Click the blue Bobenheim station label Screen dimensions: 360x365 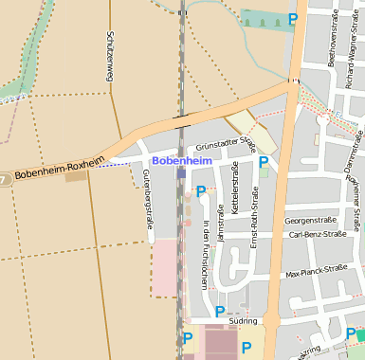click(x=181, y=162)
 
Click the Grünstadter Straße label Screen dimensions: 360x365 click(x=225, y=144)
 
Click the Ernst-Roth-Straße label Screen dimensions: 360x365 click(x=254, y=217)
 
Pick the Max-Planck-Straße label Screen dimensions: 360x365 click(x=317, y=272)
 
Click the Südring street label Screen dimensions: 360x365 click(x=244, y=321)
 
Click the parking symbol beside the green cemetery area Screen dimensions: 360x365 click(x=294, y=18)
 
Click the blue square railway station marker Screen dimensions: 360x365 click(x=181, y=173)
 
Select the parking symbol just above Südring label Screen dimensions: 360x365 click(x=220, y=311)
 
